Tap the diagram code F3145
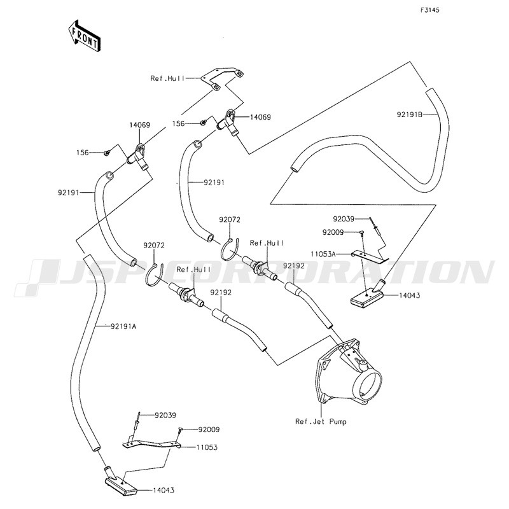click(430, 11)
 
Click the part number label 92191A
click(123, 326)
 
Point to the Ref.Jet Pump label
click(321, 421)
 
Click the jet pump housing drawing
click(347, 375)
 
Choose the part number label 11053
click(207, 447)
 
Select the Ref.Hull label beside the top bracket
click(166, 78)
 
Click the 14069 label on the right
click(260, 118)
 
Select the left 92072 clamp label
click(154, 245)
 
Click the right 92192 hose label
click(294, 265)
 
